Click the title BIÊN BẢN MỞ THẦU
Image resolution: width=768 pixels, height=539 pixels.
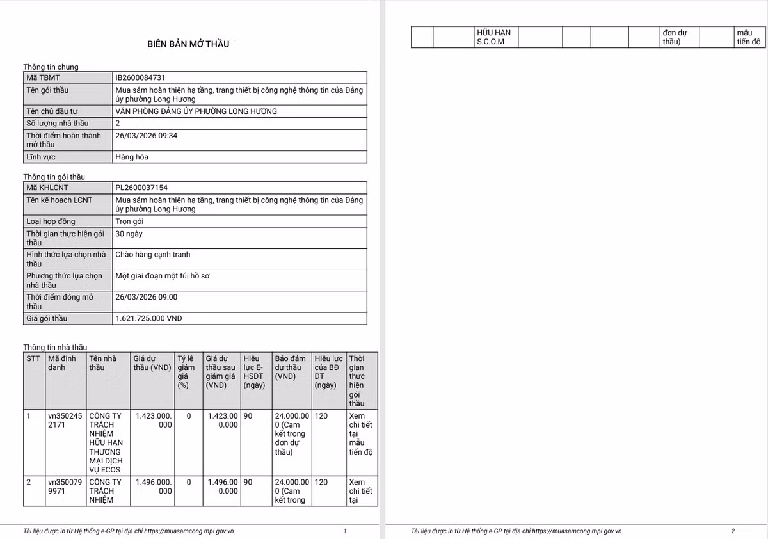coord(188,44)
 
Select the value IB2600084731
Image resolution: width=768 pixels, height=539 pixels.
coord(144,77)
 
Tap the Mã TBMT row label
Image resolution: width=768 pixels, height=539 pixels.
coord(43,77)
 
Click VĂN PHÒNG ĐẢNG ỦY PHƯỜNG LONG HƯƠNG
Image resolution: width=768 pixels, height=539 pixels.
coord(196,111)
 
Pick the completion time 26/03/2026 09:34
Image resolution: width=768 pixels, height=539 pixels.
coord(146,136)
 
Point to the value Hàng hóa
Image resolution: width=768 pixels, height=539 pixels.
coord(132,157)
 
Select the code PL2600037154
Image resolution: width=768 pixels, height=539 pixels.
coord(141,188)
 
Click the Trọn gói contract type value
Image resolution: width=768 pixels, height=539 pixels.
coord(129,221)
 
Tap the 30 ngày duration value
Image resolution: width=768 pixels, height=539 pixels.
coord(129,234)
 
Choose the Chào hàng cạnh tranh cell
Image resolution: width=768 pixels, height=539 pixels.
coord(152,255)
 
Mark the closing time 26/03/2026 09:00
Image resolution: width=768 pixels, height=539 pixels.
coord(146,297)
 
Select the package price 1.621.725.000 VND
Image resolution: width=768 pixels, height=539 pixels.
coord(148,318)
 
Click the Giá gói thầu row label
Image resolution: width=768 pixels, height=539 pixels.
coord(47,318)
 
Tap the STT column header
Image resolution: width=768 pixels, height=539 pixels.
coord(33,358)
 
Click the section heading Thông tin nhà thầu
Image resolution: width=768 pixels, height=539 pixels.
coord(55,347)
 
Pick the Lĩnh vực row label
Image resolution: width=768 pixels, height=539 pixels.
coord(40,157)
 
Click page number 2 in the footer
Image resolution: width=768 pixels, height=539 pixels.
coord(733,531)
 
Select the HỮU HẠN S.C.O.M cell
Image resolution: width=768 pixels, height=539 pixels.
coord(493,37)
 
